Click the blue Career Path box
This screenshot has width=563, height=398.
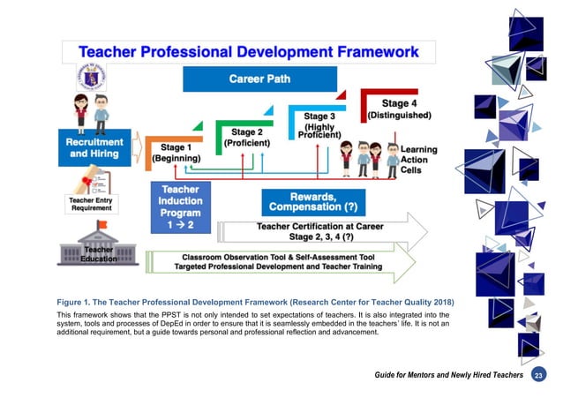point(248,79)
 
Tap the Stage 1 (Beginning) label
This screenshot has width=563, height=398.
point(176,152)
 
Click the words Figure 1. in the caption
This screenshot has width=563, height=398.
point(77,303)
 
